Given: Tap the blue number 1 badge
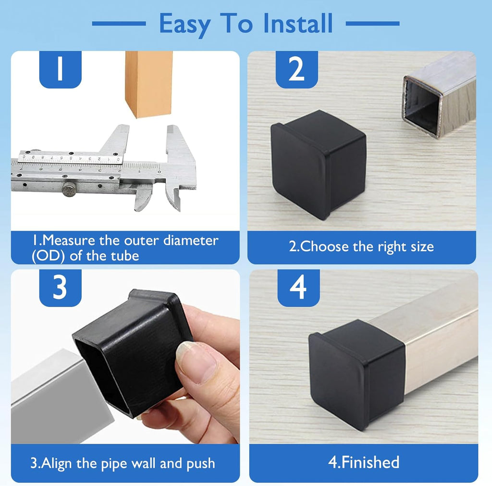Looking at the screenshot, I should coord(60,69).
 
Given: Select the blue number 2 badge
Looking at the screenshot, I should coord(296,69).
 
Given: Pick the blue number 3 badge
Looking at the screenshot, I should coord(60,288).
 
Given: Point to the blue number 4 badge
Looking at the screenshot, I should coord(298,288).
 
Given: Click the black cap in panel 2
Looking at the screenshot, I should coord(318,162).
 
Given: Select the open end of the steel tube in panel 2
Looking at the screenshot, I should coord(421,106).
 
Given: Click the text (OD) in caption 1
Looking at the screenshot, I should coord(49,255).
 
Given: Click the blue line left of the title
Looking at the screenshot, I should coord(118,23).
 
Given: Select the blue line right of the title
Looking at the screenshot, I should coord(372,23).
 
